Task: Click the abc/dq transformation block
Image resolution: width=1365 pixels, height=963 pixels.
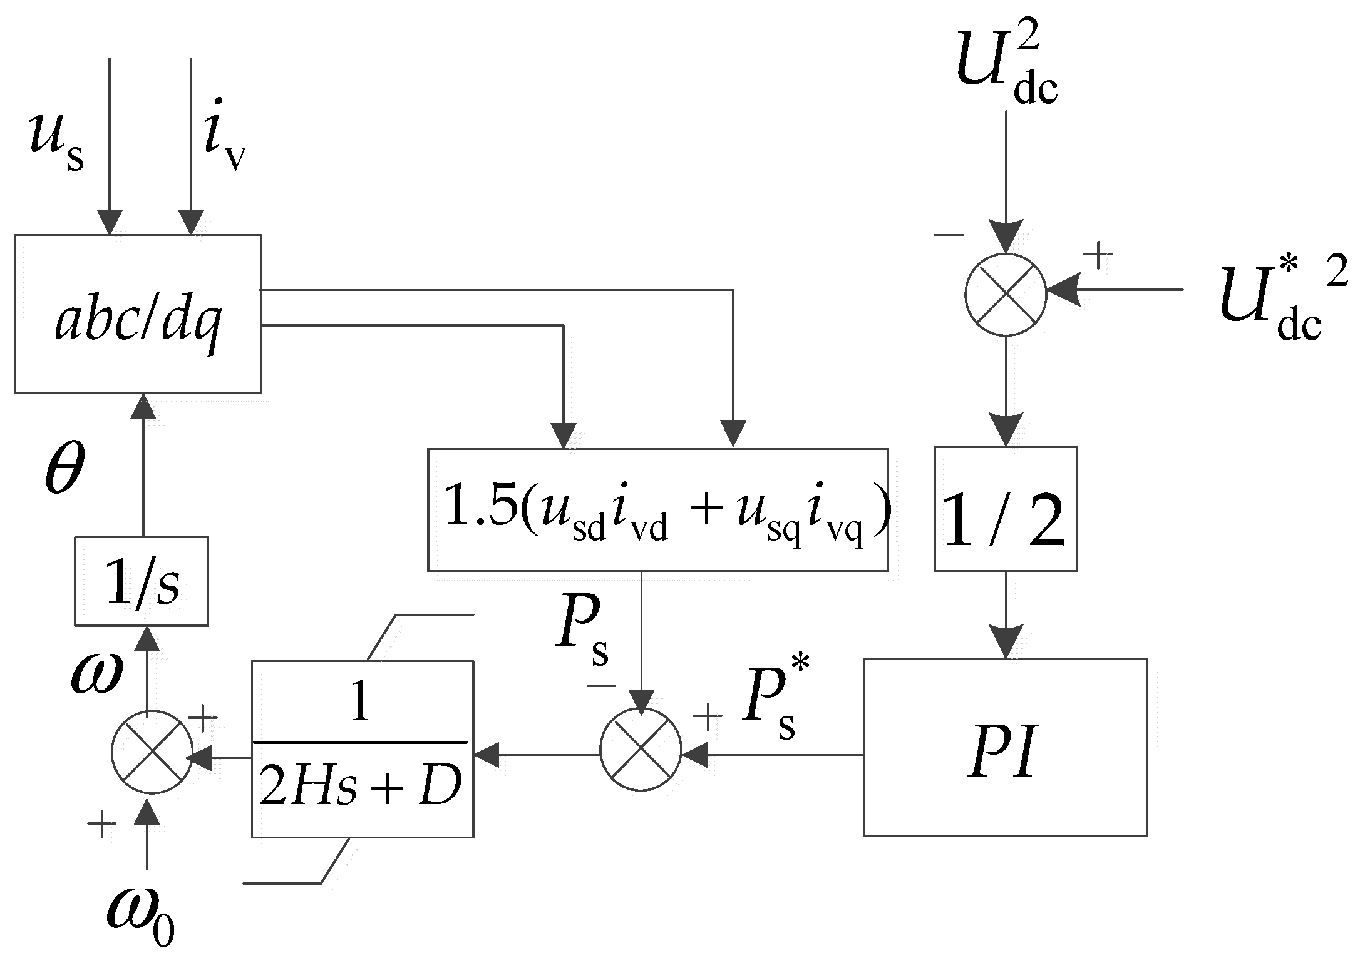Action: click(138, 314)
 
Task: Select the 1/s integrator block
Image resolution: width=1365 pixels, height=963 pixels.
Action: click(142, 581)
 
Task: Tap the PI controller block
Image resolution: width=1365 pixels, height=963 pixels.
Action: click(1005, 747)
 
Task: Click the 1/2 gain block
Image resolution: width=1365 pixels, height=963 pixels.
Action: click(1005, 509)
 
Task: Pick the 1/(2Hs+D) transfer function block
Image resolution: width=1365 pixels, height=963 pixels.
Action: click(362, 748)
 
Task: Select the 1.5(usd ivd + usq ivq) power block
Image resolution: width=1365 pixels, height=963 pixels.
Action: click(657, 510)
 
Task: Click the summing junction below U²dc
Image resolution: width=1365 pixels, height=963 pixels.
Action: click(1005, 294)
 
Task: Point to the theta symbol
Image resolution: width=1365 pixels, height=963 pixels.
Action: click(64, 469)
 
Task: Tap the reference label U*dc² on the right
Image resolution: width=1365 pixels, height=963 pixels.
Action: click(1280, 300)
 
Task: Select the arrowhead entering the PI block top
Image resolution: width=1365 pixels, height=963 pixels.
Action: click(1006, 642)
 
